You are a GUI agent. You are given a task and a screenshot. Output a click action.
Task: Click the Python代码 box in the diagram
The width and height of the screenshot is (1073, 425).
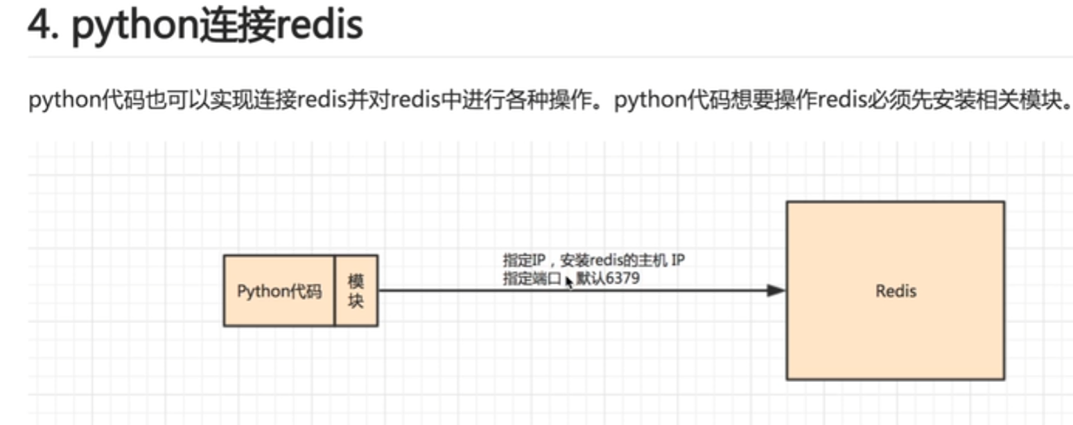(279, 291)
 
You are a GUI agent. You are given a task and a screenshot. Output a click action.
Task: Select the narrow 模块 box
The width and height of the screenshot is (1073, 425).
(356, 291)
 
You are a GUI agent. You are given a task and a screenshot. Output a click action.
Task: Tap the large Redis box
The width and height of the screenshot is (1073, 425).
(895, 291)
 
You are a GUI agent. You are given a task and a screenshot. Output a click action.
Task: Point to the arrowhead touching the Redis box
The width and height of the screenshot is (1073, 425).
(776, 290)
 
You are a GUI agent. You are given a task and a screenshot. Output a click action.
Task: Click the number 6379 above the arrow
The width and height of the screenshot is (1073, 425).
(622, 279)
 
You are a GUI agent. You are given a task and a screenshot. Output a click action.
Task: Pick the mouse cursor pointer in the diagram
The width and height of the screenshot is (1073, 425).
(569, 281)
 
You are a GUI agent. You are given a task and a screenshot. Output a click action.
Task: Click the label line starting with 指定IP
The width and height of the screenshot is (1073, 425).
(593, 261)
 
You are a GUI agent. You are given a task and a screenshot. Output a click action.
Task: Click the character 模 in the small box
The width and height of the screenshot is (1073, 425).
(356, 281)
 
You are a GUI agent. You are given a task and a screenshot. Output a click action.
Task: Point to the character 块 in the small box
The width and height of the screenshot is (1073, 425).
(356, 302)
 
